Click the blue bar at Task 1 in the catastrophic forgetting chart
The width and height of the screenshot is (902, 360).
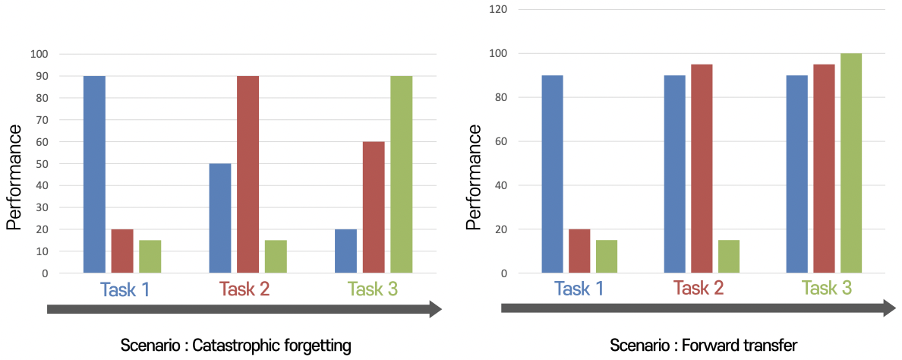94,175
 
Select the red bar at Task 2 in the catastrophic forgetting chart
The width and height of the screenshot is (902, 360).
248,175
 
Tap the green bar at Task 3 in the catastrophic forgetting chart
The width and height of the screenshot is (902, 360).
401,175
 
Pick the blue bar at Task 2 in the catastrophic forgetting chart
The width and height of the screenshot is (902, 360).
220,218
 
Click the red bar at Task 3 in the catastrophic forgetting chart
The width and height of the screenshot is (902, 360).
374,207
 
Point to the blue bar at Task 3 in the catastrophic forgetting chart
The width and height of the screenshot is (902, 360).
346,251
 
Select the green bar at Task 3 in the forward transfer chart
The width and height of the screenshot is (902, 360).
851,163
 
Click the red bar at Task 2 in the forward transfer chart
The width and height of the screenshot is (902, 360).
702,169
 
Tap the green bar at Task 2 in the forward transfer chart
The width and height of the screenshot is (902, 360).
729,257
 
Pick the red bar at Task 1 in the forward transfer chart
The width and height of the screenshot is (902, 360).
579,251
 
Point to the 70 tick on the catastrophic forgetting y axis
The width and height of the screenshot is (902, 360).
39,120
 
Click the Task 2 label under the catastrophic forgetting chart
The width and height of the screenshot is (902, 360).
244,289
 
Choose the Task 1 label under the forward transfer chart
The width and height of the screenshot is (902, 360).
579,289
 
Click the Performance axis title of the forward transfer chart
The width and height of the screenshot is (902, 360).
474,176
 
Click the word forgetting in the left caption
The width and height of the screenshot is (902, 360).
314,346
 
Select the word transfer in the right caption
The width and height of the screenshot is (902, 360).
771,346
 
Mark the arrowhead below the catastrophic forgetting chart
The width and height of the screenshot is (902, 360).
435,309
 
